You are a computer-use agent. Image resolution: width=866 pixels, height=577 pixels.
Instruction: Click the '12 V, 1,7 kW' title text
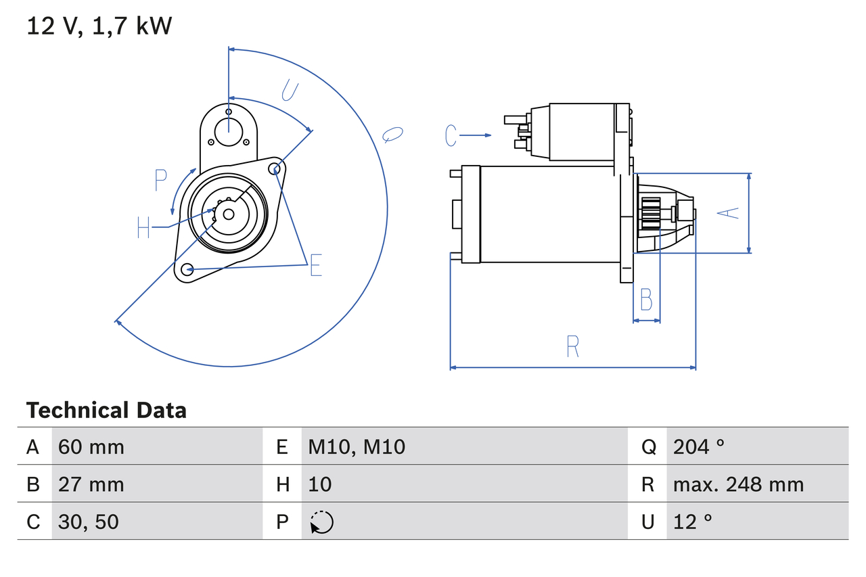(99, 26)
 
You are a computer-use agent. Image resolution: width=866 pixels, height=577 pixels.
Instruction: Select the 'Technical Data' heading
(106, 411)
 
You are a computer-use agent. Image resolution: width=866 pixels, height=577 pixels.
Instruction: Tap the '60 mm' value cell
(91, 446)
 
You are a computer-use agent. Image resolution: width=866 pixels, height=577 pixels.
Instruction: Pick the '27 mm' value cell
(91, 484)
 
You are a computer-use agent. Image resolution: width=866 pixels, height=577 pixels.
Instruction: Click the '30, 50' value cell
(88, 522)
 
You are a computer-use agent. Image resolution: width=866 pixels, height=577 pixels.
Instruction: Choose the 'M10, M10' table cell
(357, 446)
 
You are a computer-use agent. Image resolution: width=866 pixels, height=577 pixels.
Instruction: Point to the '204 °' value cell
(698, 446)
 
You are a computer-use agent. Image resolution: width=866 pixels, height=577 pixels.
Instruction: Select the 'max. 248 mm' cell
(738, 484)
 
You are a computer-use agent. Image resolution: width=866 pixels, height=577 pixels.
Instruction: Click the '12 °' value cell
(693, 522)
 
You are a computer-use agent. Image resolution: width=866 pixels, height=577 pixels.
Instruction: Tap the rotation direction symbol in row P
(321, 522)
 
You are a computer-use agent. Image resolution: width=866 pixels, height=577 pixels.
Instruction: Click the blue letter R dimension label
(572, 346)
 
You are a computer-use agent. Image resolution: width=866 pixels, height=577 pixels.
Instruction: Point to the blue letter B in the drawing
(646, 299)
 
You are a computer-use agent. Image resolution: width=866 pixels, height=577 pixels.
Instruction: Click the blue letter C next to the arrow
(451, 136)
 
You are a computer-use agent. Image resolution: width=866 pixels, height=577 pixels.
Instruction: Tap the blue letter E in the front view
(315, 267)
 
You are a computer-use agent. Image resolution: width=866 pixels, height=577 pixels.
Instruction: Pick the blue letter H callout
(143, 227)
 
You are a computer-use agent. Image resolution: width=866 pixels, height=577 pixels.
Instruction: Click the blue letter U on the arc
(290, 90)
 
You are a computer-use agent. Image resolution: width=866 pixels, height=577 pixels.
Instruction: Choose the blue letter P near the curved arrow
(160, 181)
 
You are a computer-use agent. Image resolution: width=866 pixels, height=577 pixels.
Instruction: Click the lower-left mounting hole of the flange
(187, 269)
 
